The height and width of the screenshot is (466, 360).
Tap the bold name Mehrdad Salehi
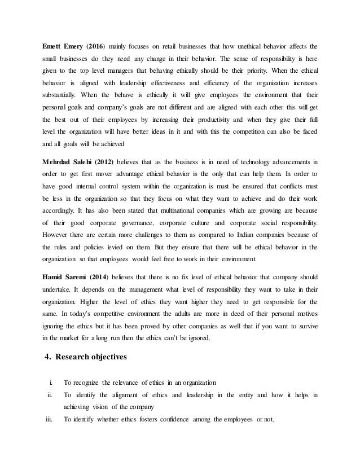tap(69, 164)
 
